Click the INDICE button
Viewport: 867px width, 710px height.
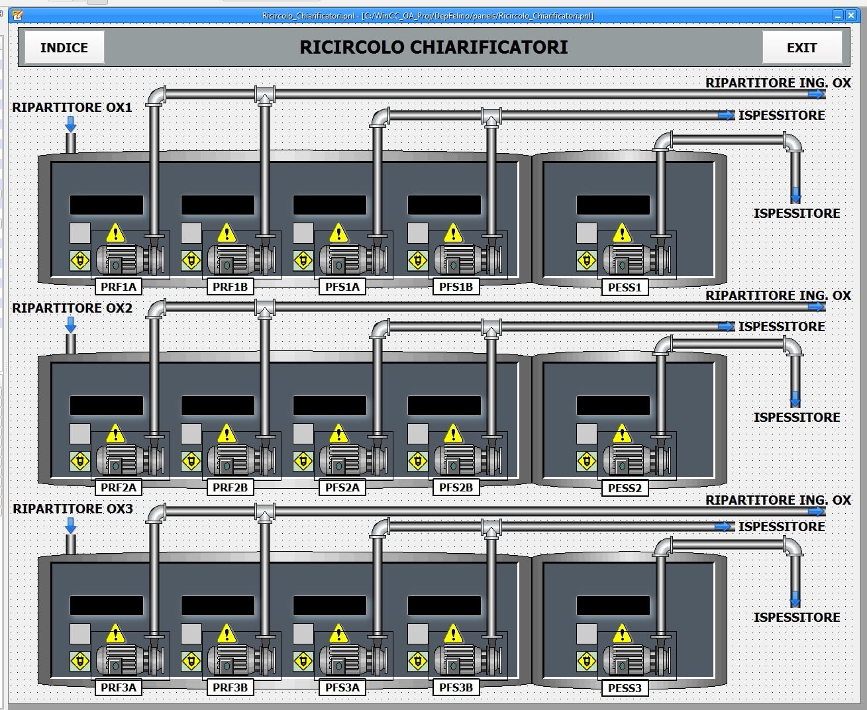click(x=64, y=47)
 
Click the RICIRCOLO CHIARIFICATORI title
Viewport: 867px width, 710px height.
click(x=433, y=47)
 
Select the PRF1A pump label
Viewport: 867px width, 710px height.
click(x=119, y=287)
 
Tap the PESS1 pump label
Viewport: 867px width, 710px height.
click(x=625, y=287)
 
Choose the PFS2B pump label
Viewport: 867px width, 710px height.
click(x=456, y=487)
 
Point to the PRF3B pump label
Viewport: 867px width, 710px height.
click(x=230, y=687)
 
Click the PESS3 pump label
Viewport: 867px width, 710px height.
click(x=625, y=687)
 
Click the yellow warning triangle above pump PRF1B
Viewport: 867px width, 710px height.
click(x=227, y=232)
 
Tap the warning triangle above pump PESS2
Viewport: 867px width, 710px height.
click(x=623, y=433)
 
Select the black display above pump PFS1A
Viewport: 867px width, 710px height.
click(x=330, y=205)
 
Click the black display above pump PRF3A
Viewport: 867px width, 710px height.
click(x=107, y=605)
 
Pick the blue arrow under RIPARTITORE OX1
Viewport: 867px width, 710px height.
click(x=71, y=124)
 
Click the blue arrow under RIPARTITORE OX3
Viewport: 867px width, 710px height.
click(x=71, y=526)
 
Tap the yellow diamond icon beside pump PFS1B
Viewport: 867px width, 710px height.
click(x=418, y=261)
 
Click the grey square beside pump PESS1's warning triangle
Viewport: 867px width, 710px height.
click(x=587, y=233)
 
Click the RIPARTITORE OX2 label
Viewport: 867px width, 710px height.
click(x=72, y=308)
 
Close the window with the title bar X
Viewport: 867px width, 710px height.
click(x=851, y=16)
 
